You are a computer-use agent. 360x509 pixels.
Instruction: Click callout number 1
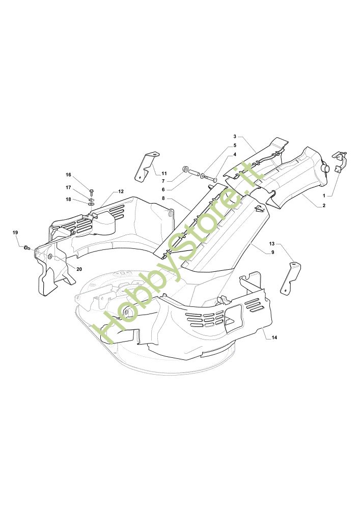324,195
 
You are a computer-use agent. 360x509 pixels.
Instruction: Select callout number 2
324,206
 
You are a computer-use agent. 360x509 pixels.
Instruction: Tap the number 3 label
235,136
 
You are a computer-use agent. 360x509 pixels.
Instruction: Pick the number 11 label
164,174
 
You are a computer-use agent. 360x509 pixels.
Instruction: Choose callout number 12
121,191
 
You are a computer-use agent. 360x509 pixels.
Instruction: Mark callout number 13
272,244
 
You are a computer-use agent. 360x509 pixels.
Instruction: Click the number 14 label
274,337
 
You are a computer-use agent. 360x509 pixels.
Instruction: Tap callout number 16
68,175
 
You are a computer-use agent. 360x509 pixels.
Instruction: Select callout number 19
15,233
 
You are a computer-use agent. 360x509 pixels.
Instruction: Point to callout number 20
79,269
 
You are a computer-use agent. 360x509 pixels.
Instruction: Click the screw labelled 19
26,247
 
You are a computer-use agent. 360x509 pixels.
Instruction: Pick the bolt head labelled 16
92,191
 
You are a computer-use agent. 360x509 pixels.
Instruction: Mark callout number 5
235,145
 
